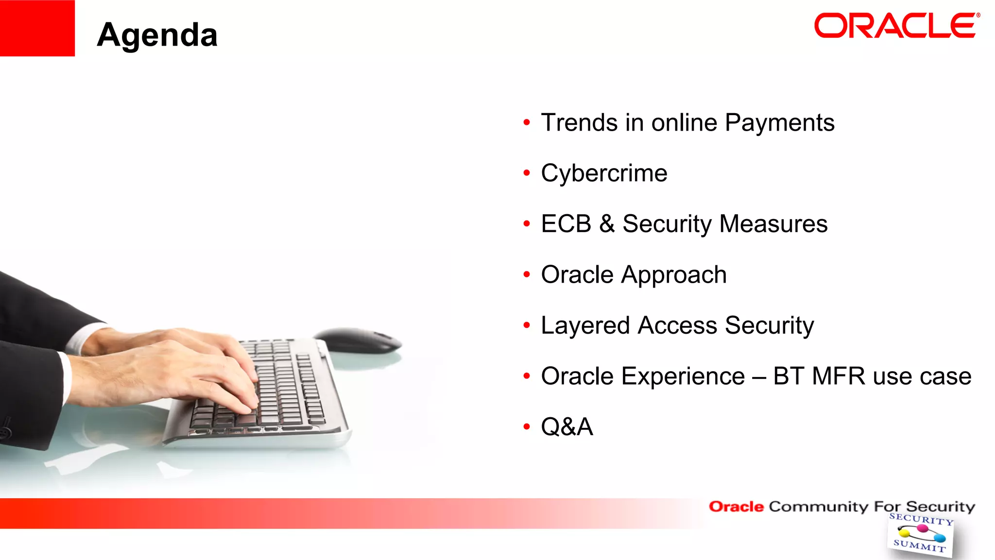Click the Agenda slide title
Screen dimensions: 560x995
click(157, 35)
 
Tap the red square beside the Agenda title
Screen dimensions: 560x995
click(37, 28)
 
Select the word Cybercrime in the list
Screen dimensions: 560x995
click(604, 173)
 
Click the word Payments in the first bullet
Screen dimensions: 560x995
click(779, 123)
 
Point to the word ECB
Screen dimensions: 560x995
click(566, 224)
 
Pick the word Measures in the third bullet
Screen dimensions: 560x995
click(773, 224)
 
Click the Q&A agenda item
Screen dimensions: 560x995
click(567, 427)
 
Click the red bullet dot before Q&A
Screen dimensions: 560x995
click(527, 427)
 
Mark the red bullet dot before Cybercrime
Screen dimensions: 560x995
click(527, 173)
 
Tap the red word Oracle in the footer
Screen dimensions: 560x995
click(736, 507)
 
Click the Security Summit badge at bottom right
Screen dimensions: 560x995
click(920, 534)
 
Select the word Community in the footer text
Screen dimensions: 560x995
click(818, 507)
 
